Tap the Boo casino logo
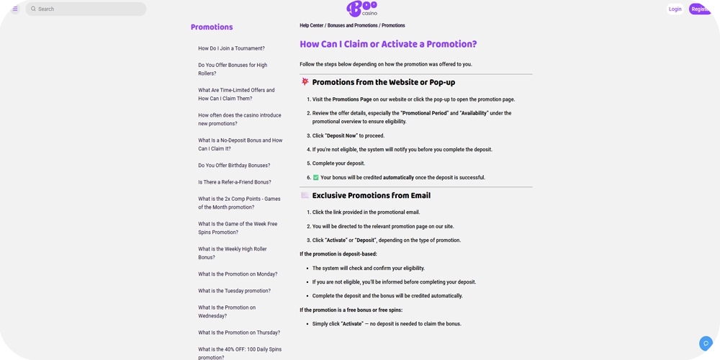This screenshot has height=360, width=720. pos(361,9)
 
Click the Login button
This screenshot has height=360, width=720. pos(675,9)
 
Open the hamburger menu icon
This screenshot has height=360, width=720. pos(14,9)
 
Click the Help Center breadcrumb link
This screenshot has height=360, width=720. pos(312,26)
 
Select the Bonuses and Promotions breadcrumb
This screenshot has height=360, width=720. pos(352,26)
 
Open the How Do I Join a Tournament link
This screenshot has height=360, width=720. pos(231,48)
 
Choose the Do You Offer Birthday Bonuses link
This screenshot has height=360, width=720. pos(234,166)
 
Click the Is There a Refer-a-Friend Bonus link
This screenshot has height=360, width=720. pos(235,182)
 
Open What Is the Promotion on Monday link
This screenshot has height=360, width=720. pos(238,274)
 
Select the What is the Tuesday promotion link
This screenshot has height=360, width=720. pos(234,291)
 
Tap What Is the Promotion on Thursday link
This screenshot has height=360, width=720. pos(239,333)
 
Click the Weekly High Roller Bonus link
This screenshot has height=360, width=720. pos(233,253)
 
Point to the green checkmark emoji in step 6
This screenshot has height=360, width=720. pos(315,178)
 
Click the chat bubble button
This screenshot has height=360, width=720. pos(706,343)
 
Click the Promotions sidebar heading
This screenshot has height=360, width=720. pos(212,27)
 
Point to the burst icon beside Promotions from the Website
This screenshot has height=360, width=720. pos(305,82)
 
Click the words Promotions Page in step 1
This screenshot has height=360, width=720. pos(352,99)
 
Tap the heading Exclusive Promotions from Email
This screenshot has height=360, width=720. pos(371,196)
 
